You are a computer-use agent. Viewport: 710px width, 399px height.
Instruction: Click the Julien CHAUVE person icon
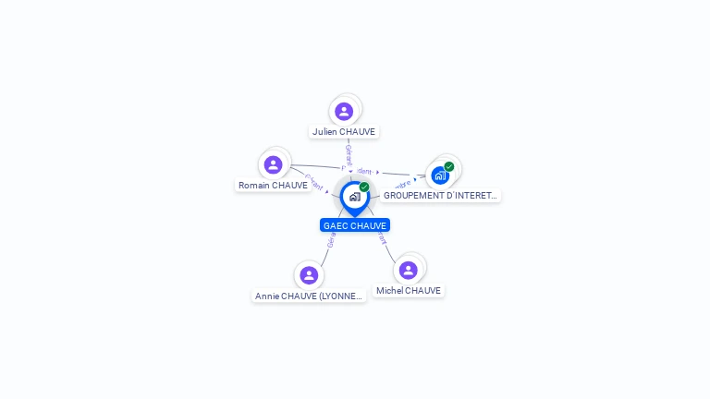[x=344, y=112]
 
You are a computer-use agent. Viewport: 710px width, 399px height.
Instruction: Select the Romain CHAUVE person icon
[x=273, y=165]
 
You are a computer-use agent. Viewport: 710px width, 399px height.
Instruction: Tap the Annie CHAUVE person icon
[x=309, y=275]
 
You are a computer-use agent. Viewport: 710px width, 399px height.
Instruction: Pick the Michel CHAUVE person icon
[x=408, y=270]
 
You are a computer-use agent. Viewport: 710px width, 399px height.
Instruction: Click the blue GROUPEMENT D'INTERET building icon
[x=439, y=175]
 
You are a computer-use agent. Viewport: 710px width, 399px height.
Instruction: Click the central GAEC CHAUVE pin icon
[x=354, y=197]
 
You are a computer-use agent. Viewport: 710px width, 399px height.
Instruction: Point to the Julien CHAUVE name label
[x=344, y=132]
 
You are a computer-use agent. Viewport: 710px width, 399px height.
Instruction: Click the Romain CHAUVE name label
[x=273, y=186]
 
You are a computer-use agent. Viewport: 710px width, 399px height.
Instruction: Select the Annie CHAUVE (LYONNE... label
[x=309, y=296]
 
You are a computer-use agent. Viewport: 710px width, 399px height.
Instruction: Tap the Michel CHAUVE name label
[x=408, y=291]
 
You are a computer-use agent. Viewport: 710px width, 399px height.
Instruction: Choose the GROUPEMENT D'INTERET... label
[x=440, y=196]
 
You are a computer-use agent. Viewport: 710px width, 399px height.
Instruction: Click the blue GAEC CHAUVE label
[x=355, y=225]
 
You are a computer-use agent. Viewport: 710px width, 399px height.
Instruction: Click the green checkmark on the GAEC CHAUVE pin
[x=364, y=187]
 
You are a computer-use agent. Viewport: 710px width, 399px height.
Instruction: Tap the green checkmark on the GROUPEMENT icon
[x=449, y=167]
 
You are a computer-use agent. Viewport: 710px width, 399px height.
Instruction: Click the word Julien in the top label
[x=324, y=132]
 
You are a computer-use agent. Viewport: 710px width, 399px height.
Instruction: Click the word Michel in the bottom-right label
[x=390, y=291]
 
